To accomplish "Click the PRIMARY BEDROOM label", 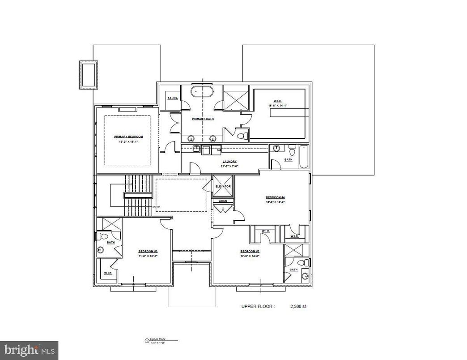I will tap(128, 136).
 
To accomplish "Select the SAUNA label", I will tap(172, 98).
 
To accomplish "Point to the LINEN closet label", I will tap(223, 201).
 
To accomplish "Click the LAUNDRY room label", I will tap(229, 161).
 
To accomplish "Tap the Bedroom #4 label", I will tap(276, 197).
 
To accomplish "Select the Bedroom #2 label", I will tap(250, 251).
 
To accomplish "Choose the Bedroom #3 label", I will tap(148, 251).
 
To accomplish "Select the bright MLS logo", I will tap(30, 348).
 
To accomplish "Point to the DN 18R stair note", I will tap(156, 207).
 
